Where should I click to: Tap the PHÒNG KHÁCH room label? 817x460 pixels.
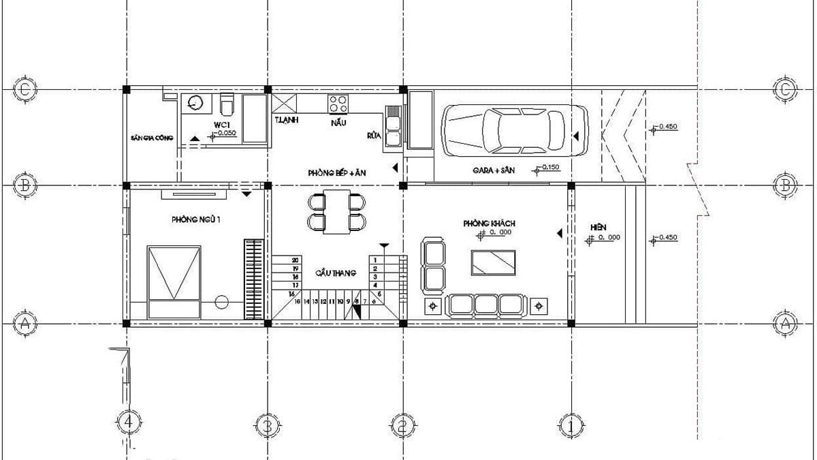[x=489, y=223]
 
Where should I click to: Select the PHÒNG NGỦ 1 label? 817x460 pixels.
[x=197, y=220]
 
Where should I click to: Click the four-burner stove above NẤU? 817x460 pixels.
[x=338, y=104]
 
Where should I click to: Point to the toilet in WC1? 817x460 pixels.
[x=227, y=105]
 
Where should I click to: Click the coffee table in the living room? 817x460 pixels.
[x=494, y=262]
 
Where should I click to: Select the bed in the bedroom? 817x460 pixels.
[x=175, y=280]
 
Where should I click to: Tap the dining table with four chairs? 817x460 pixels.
[x=336, y=212]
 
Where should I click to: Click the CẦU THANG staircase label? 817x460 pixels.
[x=336, y=273]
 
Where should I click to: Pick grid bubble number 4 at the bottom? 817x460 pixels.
[x=129, y=423]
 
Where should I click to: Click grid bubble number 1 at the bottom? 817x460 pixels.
[x=571, y=427]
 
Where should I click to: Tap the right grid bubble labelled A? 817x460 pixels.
[x=785, y=324]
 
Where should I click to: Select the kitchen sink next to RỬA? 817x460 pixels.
[x=394, y=125]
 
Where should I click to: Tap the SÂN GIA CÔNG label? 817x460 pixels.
[x=152, y=138]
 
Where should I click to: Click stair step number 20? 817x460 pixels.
[x=295, y=260]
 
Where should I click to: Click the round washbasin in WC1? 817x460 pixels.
[x=195, y=104]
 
